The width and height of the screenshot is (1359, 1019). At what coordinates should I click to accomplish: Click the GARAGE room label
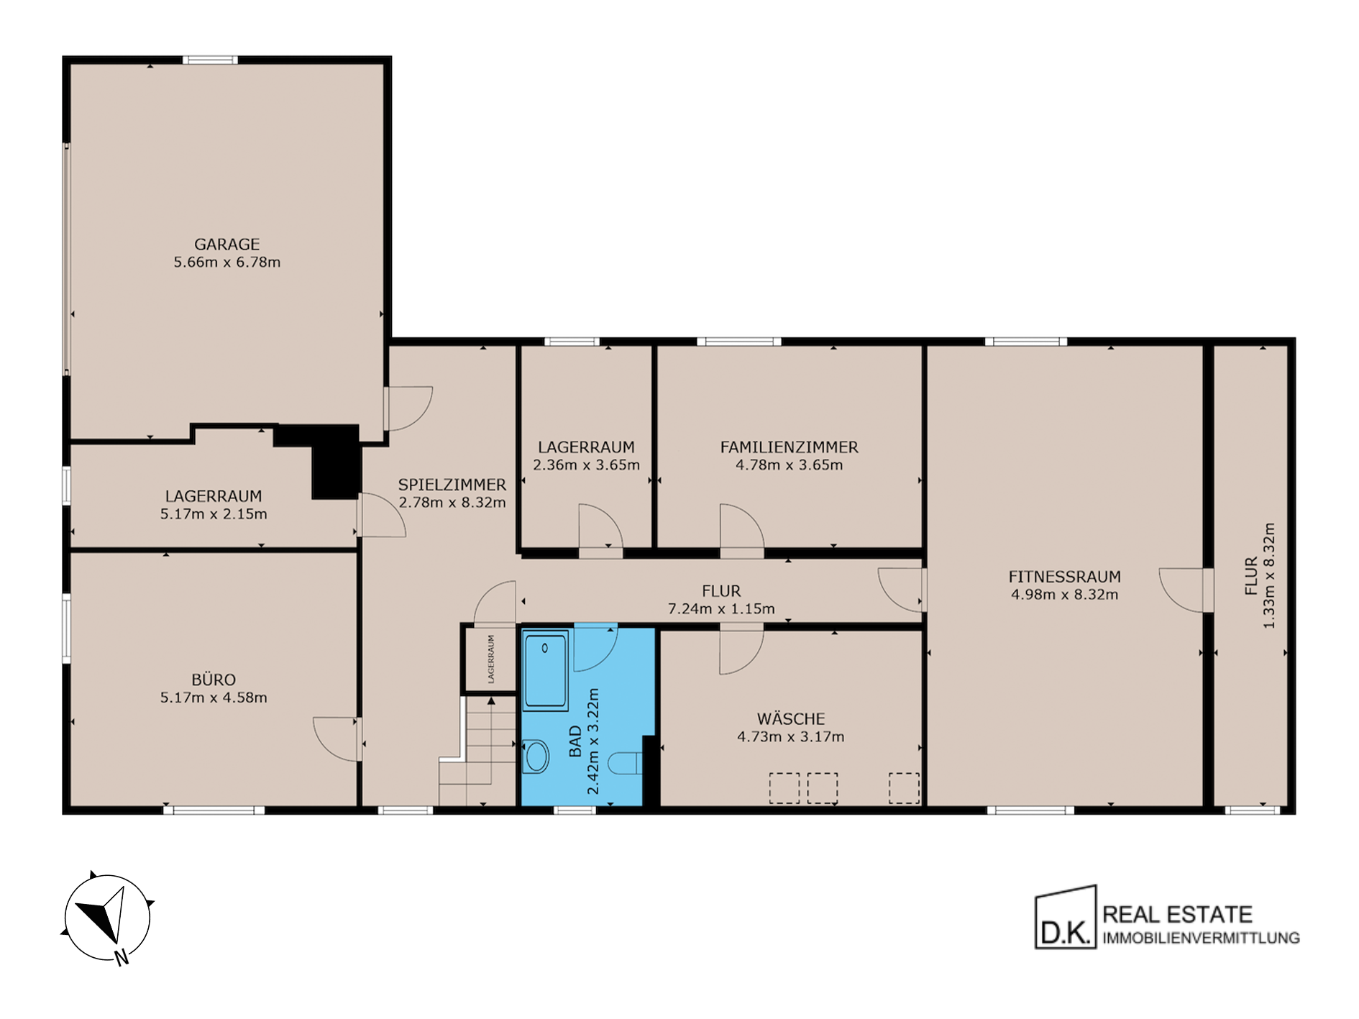[226, 245]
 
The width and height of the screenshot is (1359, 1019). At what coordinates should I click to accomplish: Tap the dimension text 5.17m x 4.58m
[214, 698]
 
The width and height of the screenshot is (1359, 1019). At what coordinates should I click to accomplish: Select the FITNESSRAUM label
[1064, 577]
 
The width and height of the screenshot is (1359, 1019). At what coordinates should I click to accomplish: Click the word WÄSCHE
[791, 718]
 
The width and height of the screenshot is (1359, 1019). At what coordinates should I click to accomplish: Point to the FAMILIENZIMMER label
[789, 447]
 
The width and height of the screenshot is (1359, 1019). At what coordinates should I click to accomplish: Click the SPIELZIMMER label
[452, 485]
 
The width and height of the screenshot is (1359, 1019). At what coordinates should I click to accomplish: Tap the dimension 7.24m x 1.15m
[721, 609]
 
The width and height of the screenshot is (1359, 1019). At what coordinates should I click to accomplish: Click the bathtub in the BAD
[545, 670]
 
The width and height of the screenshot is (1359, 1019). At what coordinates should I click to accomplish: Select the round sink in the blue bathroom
[536, 757]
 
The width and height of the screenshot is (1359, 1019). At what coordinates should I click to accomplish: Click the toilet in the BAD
[624, 763]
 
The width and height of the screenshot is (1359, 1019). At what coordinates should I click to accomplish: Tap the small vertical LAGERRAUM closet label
[491, 659]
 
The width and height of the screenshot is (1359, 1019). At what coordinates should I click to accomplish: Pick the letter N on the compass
[122, 957]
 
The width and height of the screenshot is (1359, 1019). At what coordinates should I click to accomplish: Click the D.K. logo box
[1066, 918]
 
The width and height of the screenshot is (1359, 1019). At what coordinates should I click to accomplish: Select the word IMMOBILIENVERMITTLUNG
[1201, 938]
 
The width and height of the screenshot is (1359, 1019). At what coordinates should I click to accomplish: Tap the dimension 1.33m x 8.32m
[1269, 575]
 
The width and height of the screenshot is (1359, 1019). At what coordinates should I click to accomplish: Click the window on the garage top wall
[209, 60]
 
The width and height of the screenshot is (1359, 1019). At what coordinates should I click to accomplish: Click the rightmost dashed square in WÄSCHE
[904, 788]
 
